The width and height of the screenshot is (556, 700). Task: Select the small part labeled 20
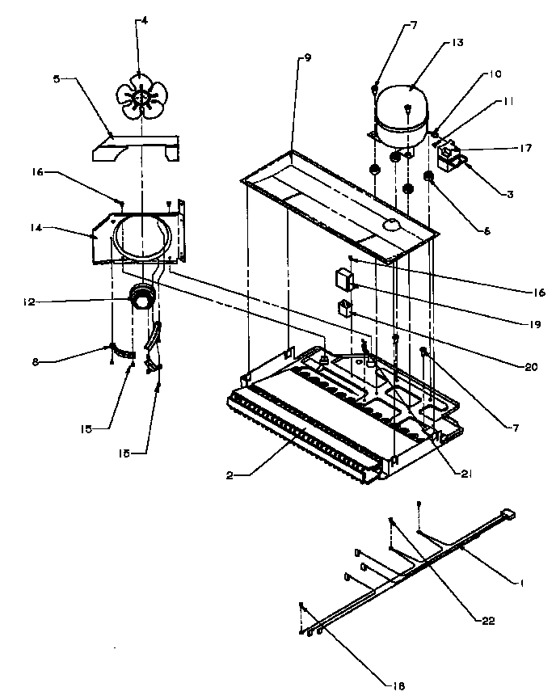(x=344, y=309)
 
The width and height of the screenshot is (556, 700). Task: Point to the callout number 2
(x=230, y=474)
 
